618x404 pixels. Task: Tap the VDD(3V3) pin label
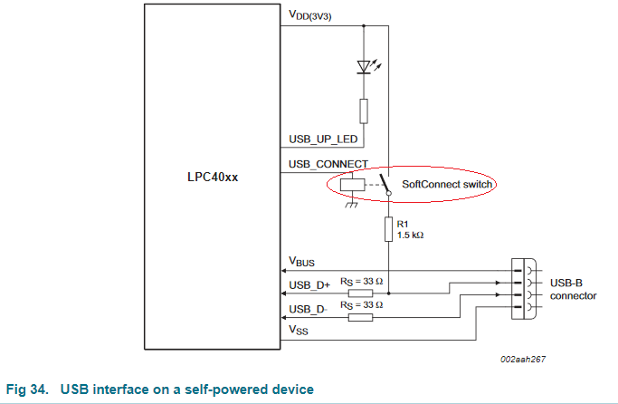click(310, 15)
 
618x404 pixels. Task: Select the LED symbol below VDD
click(365, 67)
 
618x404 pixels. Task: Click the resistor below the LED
click(365, 111)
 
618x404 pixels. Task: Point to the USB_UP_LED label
click(323, 139)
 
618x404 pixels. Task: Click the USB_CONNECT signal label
click(328, 164)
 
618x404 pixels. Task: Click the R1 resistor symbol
click(388, 230)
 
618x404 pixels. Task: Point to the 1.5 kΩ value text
click(410, 235)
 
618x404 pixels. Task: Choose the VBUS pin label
click(302, 262)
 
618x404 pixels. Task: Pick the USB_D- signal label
click(308, 310)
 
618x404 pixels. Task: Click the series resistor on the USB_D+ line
click(360, 293)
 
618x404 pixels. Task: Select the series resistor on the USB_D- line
click(360, 317)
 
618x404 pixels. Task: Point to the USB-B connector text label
click(573, 289)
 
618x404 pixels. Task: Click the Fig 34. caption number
click(26, 390)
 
